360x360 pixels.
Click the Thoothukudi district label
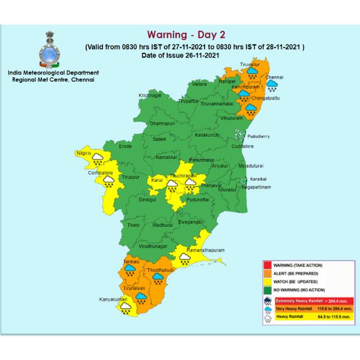click(159, 270)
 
